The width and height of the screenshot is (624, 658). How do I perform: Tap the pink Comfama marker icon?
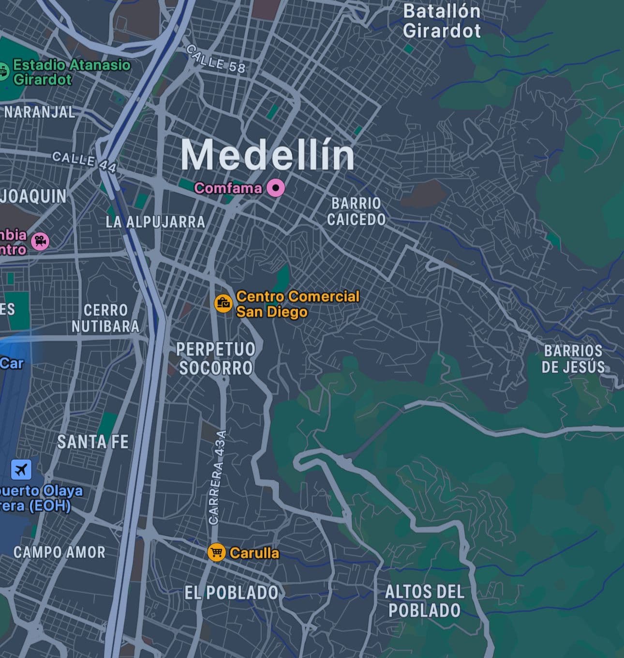click(x=276, y=188)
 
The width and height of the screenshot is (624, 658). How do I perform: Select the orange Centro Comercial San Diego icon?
click(x=223, y=303)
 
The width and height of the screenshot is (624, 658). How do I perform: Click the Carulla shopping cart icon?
click(x=216, y=552)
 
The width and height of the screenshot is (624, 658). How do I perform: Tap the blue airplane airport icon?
click(x=21, y=469)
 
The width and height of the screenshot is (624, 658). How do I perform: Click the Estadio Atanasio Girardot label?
click(x=71, y=72)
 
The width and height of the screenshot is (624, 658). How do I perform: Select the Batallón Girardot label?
click(x=442, y=21)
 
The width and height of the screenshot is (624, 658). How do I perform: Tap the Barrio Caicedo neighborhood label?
click(x=356, y=212)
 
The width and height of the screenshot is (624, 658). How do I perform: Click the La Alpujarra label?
click(x=155, y=222)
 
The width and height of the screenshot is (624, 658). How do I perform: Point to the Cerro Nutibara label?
click(x=105, y=318)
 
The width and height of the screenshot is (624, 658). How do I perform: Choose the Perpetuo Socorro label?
click(x=216, y=358)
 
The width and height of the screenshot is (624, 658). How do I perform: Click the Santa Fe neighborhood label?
click(x=93, y=442)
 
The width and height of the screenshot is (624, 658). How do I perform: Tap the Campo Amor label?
click(x=59, y=552)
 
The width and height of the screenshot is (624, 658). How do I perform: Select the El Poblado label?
click(x=231, y=593)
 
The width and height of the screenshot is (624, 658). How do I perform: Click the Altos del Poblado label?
click(x=424, y=601)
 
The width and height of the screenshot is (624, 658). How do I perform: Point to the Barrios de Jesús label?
click(x=573, y=359)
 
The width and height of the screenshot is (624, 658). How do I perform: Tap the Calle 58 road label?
click(x=216, y=59)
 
